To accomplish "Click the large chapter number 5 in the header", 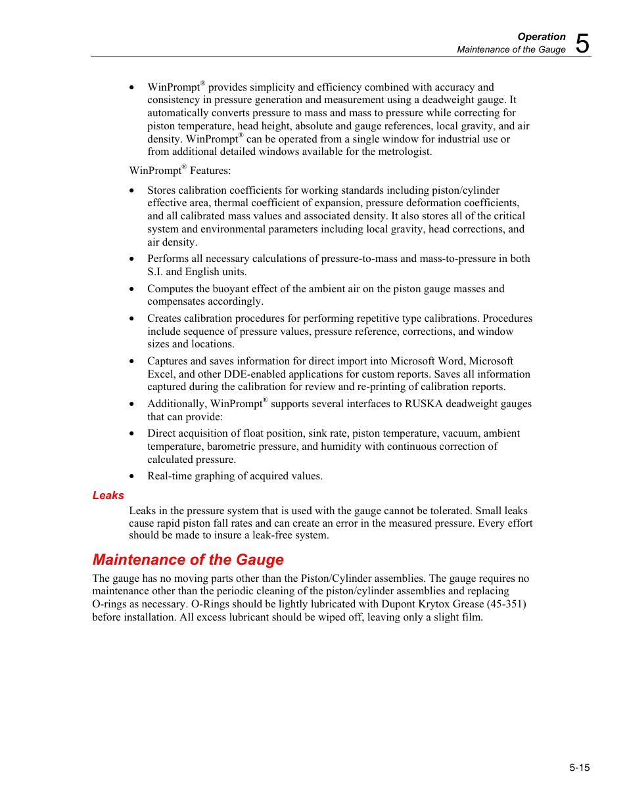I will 582,44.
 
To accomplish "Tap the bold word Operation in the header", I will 541,37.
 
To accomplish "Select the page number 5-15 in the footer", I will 579,767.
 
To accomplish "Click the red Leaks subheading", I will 108,495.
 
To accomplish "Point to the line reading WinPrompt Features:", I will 179,171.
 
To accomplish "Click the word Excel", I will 160,374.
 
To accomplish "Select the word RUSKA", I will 423,404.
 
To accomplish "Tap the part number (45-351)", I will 506,604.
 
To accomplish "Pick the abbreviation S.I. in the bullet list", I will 155,272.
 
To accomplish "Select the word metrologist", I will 404,152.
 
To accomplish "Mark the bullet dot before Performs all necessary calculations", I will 132,259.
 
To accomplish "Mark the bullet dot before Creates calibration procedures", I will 132,319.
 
